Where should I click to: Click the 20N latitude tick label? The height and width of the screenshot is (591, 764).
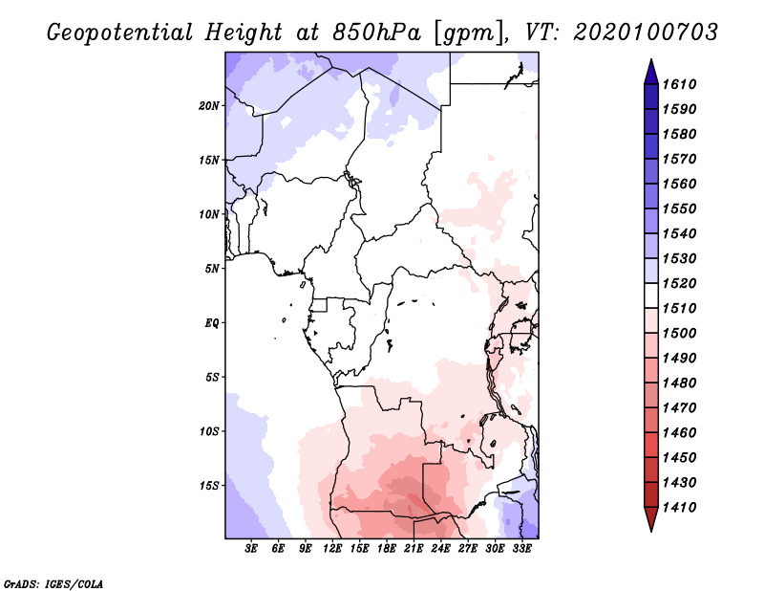click(209, 105)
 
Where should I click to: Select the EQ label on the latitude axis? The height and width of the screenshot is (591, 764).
click(212, 323)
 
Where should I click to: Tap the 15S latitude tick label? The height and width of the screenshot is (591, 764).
click(209, 486)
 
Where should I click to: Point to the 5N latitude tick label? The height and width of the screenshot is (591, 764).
click(212, 269)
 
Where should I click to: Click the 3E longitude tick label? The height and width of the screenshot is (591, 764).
click(252, 549)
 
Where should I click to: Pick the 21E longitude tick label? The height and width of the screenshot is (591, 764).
click(414, 549)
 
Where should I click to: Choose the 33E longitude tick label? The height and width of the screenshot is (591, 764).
click(521, 549)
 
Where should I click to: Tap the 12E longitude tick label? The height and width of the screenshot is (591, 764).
click(332, 549)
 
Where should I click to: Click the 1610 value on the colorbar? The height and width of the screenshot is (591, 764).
click(682, 84)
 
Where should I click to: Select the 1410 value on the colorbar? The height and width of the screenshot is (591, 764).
click(682, 507)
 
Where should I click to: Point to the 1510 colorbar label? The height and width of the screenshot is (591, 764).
click(682, 308)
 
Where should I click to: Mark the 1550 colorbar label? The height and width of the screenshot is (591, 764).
click(682, 208)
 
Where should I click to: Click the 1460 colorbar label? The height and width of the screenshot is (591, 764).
click(682, 432)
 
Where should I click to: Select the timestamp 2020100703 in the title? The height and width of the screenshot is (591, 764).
click(646, 32)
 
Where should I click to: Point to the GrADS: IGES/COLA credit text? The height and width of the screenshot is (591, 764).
click(41, 582)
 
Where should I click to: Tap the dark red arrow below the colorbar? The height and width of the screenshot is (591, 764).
click(650, 519)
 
